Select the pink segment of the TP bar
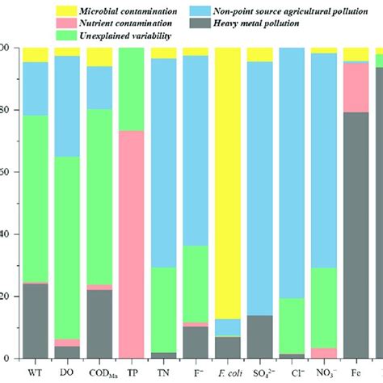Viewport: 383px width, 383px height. [x=131, y=242]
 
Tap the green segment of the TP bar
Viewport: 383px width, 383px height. [x=131, y=89]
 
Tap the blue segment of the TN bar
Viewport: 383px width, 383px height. [x=164, y=162]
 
